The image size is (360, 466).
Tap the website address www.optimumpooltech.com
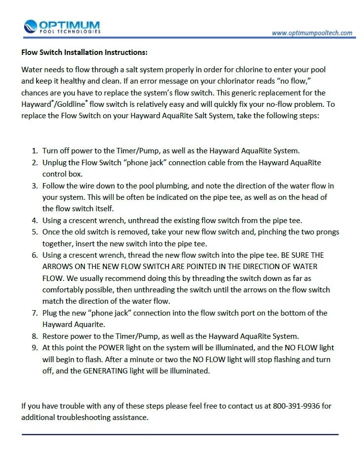[312, 33]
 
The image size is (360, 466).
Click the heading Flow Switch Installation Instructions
[84, 51]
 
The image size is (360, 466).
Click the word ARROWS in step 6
[59, 266]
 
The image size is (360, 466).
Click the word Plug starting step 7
[50, 313]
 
